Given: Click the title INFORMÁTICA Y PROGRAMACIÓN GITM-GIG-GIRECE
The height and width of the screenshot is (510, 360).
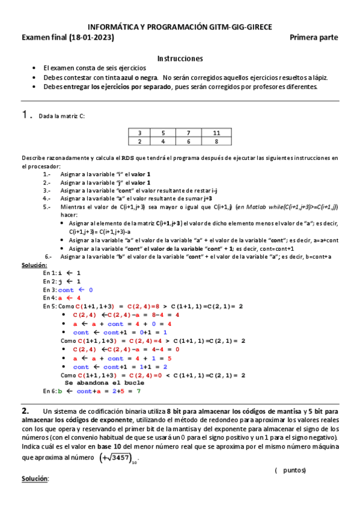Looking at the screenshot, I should pyautogui.click(x=180, y=28).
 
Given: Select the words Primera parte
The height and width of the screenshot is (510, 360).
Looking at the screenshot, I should pyautogui.click(x=314, y=37).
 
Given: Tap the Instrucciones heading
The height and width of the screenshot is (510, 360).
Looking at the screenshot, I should pyautogui.click(x=180, y=58).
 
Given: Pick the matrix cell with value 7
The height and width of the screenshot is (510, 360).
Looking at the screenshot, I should pyautogui.click(x=188, y=132).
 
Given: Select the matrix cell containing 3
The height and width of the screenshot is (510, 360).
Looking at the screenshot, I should pyautogui.click(x=139, y=132).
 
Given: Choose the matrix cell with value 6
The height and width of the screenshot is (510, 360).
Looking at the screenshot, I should pyautogui.click(x=188, y=141).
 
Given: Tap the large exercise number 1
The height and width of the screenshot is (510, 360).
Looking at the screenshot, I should pyautogui.click(x=25, y=114).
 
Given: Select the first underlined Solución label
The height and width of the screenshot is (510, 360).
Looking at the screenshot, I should pyautogui.click(x=34, y=265).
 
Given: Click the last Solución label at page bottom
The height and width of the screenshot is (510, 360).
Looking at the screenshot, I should pyautogui.click(x=34, y=479).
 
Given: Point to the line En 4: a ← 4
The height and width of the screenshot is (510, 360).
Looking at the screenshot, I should pyautogui.click(x=62, y=298).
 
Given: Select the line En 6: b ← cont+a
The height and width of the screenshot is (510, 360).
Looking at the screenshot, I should pyautogui.click(x=91, y=391).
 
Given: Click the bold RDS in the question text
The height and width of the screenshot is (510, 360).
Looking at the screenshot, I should pyautogui.click(x=128, y=158).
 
